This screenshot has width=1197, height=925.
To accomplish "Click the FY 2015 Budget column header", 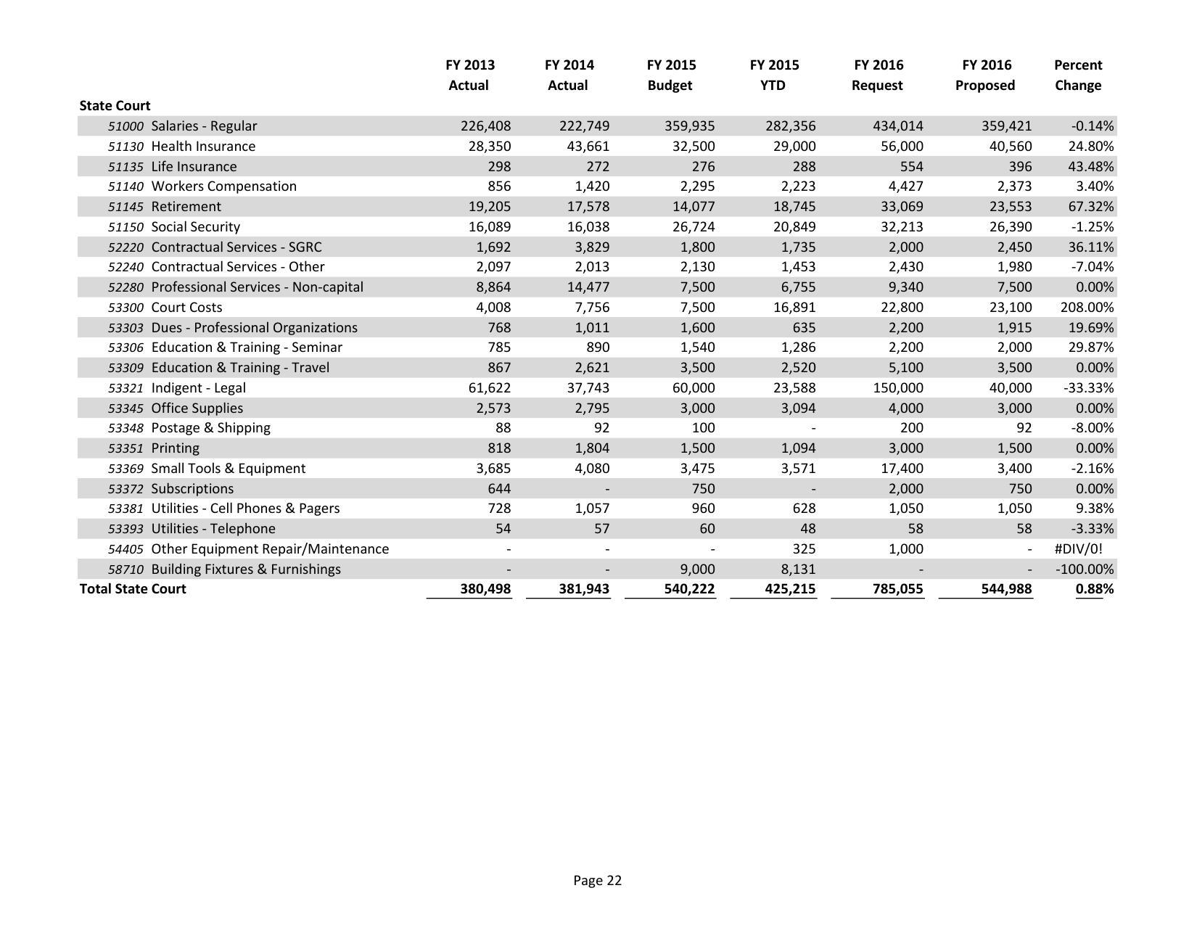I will [x=670, y=75].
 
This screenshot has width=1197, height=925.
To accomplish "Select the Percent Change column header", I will [x=1077, y=75].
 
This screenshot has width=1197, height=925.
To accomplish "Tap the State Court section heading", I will [x=115, y=106].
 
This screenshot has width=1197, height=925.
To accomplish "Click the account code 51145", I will [x=126, y=207].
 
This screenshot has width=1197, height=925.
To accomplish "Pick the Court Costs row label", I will [x=186, y=308].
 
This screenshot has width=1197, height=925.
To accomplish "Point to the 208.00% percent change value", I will [x=1087, y=308].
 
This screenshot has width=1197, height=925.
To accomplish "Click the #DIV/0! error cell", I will [x=1078, y=549].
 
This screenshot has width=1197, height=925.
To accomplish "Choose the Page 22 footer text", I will [x=597, y=881].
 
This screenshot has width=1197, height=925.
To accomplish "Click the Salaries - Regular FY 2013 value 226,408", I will [x=485, y=126].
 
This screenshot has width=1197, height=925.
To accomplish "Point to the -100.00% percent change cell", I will [x=1084, y=570].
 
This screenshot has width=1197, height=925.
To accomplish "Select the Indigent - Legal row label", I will [x=198, y=388].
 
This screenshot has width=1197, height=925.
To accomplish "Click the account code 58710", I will [x=126, y=570].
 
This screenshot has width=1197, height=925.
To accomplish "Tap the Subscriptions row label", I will [x=192, y=489].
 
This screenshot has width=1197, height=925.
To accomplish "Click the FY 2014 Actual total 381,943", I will [x=584, y=589].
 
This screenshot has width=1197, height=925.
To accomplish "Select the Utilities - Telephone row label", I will [x=213, y=529].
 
